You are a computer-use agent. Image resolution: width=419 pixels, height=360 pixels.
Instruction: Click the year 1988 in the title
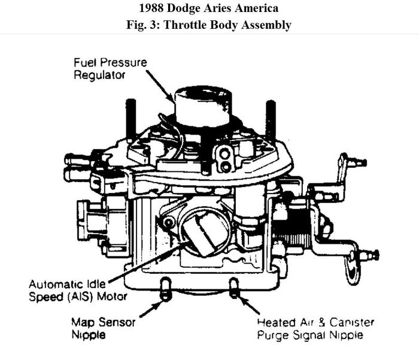coord(152,9)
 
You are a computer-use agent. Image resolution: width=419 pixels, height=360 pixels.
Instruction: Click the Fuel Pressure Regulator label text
coord(110,68)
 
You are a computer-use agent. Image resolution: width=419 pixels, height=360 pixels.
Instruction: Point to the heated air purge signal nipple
coord(234,288)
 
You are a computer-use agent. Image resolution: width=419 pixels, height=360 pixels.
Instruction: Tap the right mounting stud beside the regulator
coord(271,120)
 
